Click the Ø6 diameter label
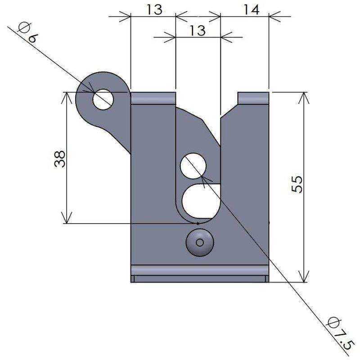click(27, 32)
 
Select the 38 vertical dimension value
click(60, 159)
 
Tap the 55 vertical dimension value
click(297, 184)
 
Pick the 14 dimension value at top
click(252, 9)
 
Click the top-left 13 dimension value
click(154, 9)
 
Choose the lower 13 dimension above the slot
click(198, 31)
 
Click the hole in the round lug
click(103, 99)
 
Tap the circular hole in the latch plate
click(193, 166)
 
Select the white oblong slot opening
click(201, 201)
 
